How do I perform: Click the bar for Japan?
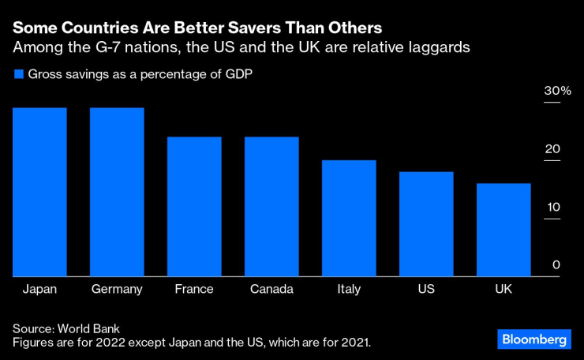[39, 192]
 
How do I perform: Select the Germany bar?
[117, 192]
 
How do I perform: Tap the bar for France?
[194, 206]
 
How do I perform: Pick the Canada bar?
[271, 206]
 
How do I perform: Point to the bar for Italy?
[349, 218]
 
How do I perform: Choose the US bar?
[426, 223]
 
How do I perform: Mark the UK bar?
[504, 230]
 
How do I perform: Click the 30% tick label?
[556, 92]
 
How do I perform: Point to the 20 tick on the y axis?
[552, 149]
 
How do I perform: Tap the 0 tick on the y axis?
[556, 265]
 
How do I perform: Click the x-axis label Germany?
[117, 289]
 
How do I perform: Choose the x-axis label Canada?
[271, 289]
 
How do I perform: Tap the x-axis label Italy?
[349, 289]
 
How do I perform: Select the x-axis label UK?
[504, 289]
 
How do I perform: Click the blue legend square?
[18, 75]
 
